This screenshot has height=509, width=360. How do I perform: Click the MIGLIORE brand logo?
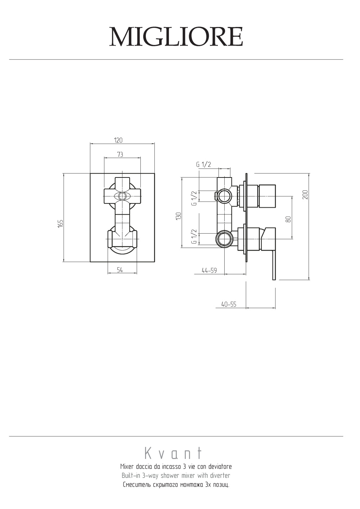(x=176, y=37)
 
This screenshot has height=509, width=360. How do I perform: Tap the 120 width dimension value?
(x=118, y=140)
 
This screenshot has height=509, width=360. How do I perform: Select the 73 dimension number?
(x=120, y=154)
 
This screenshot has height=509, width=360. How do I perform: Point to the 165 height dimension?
(x=60, y=224)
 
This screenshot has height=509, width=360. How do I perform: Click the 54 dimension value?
(x=120, y=270)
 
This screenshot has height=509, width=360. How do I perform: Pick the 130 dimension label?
(x=179, y=216)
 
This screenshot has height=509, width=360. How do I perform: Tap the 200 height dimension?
(x=305, y=195)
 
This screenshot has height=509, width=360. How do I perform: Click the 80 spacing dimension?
(x=288, y=219)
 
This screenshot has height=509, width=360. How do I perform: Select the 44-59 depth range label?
(x=209, y=270)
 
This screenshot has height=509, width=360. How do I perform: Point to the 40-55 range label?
(x=229, y=304)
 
